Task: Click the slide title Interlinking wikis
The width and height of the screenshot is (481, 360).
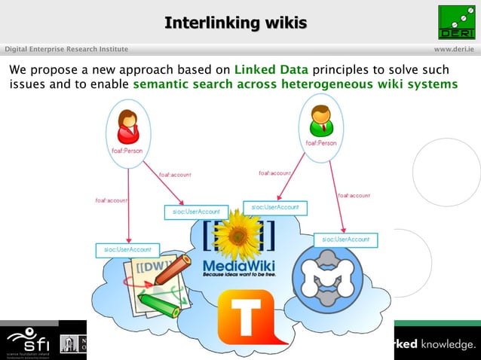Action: [x=235, y=23]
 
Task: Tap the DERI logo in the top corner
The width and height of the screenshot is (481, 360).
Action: [x=457, y=22]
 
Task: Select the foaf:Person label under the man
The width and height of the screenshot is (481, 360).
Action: [x=320, y=143]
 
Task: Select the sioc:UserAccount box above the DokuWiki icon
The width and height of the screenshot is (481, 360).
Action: [x=124, y=249]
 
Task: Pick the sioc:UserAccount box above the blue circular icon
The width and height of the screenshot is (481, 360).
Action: [x=345, y=239]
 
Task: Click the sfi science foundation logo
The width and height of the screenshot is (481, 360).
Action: [x=26, y=341]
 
